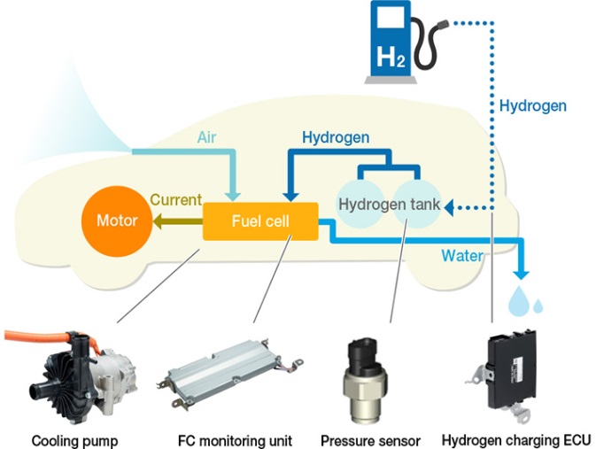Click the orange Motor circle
click(x=116, y=220)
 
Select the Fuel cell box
click(x=260, y=221)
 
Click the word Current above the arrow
click(x=175, y=200)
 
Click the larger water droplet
click(x=516, y=303)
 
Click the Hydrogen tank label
click(x=389, y=205)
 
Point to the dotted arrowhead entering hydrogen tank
click(x=449, y=206)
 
